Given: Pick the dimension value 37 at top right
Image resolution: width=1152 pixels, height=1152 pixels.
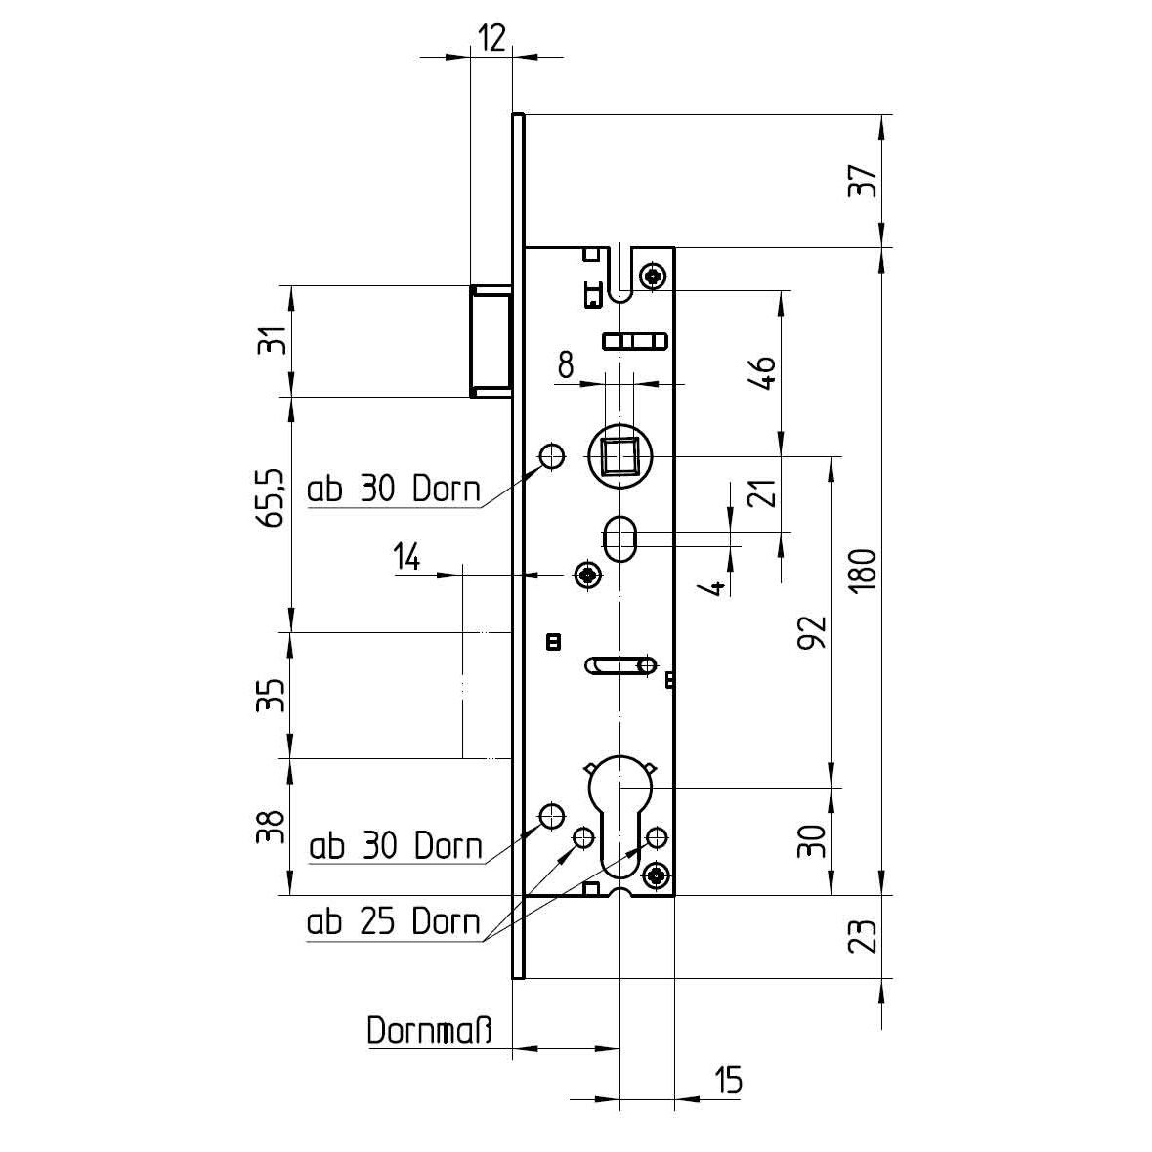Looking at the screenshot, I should pyautogui.click(x=863, y=182).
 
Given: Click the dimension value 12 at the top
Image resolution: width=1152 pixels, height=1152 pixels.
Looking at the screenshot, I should pyautogui.click(x=491, y=38).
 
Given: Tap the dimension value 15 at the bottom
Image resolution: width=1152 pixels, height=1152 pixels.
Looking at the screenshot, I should pyautogui.click(x=728, y=1081).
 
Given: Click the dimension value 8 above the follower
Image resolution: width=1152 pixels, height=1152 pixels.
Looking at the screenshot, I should pyautogui.click(x=566, y=367).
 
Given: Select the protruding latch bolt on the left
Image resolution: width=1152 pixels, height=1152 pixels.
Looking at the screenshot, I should pyautogui.click(x=490, y=341).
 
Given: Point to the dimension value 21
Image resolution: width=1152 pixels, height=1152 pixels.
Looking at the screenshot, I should pyautogui.click(x=768, y=492).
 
